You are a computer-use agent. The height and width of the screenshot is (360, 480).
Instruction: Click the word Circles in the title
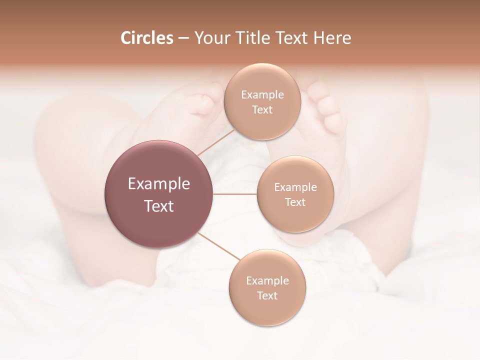(147, 38)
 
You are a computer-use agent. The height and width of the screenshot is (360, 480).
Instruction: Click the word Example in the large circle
(159, 184)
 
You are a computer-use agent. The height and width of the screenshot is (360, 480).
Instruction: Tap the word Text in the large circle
(159, 206)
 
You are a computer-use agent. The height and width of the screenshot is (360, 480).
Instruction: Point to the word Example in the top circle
(262, 95)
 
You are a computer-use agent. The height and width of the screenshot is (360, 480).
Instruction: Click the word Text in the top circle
(262, 110)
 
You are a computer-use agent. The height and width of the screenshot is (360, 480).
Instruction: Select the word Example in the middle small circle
(295, 187)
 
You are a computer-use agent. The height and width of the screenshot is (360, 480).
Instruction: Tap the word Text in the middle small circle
(295, 202)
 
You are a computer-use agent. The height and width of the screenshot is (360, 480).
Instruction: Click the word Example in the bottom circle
(267, 281)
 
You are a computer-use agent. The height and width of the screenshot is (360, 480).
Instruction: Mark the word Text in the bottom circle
(267, 296)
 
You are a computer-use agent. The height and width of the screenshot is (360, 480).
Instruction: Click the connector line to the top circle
(216, 142)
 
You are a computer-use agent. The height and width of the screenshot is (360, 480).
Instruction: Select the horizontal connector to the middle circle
(235, 194)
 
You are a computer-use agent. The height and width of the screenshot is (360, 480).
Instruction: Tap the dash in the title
(183, 38)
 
